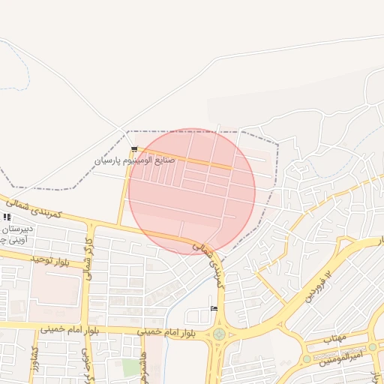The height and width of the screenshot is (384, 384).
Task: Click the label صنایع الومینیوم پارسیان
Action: coord(135,160)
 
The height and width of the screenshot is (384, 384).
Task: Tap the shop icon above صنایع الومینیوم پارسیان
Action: coord(134,150)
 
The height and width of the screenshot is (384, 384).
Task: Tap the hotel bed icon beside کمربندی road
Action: coord(214,309)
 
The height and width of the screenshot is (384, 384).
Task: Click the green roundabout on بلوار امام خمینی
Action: coord(219,334)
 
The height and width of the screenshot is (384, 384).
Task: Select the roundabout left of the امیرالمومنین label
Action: coord(307,358)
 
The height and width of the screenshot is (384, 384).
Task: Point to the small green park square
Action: coord(132,367)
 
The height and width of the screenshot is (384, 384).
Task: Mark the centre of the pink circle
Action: coord(192,191)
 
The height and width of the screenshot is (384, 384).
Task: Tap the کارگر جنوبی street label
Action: coord(88,367)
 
